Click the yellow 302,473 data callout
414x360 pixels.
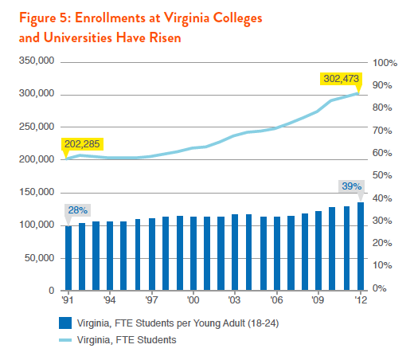pyautogui.click(x=341, y=79)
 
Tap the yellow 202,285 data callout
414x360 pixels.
pyautogui.click(x=82, y=144)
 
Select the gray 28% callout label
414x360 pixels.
pyautogui.click(x=77, y=210)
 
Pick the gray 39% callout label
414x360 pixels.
pyautogui.click(x=351, y=186)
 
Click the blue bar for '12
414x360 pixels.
pyautogui.click(x=361, y=246)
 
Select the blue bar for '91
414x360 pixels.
pyautogui.click(x=68, y=258)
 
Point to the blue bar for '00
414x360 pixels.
pyautogui.click(x=193, y=253)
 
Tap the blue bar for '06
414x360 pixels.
pyautogui.click(x=277, y=253)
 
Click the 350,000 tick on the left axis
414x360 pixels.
pyautogui.click(x=37, y=61)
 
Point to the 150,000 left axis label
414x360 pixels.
pyautogui.click(x=37, y=192)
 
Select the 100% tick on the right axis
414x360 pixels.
pyautogui.click(x=385, y=63)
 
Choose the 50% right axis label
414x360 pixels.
pyautogui.click(x=382, y=175)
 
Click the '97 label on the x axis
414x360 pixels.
pyautogui.click(x=151, y=300)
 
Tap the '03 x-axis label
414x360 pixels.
pyautogui.click(x=235, y=300)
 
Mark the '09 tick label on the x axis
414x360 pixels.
pyautogui.click(x=318, y=300)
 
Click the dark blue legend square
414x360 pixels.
pyautogui.click(x=65, y=323)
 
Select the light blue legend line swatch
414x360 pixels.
pyautogui.click(x=65, y=340)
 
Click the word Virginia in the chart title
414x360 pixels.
pyautogui.click(x=186, y=18)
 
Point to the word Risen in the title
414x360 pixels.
pyautogui.click(x=165, y=37)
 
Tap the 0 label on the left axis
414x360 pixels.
pyautogui.click(x=52, y=291)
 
